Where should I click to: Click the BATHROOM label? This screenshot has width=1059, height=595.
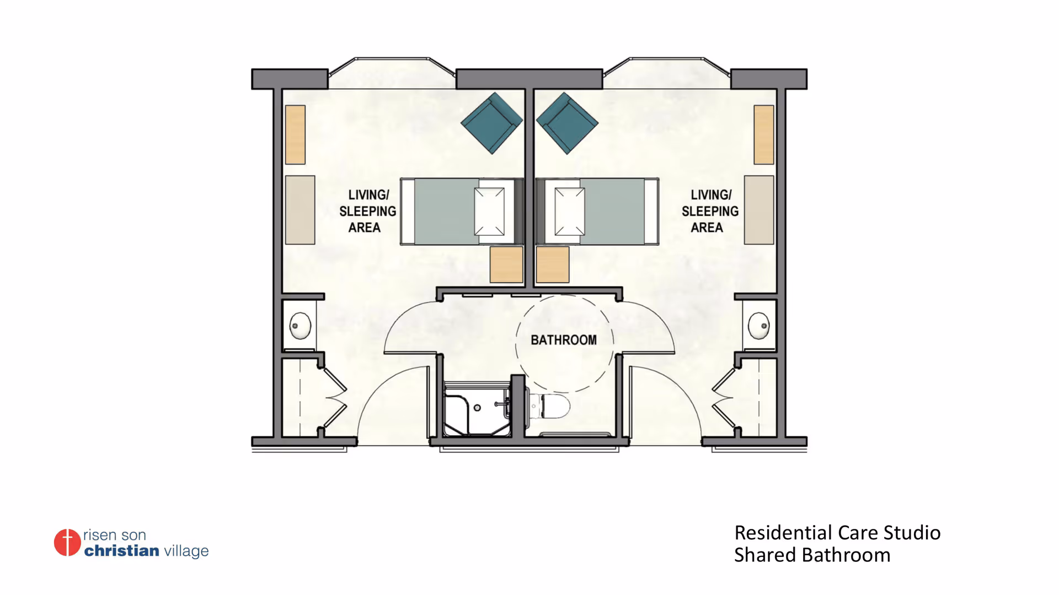[x=564, y=340]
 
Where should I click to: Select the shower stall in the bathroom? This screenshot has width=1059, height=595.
[x=477, y=409]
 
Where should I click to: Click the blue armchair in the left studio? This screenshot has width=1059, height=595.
[x=491, y=123]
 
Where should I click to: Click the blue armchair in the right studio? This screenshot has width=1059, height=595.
[x=567, y=123]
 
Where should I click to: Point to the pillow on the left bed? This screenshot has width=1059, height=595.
[x=490, y=212]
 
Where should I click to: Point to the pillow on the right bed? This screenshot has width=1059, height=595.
[x=570, y=212]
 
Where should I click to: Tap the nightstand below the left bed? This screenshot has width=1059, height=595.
[x=506, y=264]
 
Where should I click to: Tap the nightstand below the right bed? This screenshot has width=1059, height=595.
[x=553, y=264]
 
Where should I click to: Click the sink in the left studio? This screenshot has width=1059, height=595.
[x=300, y=326]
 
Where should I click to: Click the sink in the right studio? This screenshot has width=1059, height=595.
[x=759, y=326]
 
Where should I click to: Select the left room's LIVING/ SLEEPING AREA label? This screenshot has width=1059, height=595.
[x=367, y=211]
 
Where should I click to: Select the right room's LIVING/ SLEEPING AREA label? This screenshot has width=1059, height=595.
[x=710, y=211]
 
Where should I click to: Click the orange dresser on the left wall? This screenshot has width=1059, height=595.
[x=296, y=134]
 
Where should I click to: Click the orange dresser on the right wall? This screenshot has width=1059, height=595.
[x=764, y=134]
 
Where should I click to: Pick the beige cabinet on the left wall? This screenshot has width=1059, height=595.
[x=300, y=210]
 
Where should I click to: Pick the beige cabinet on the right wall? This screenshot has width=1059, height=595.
[x=759, y=210]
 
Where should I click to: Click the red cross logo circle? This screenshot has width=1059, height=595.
[x=67, y=543]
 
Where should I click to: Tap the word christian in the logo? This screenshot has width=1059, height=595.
[x=122, y=550]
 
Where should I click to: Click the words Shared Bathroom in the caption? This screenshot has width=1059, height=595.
[x=812, y=555]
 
